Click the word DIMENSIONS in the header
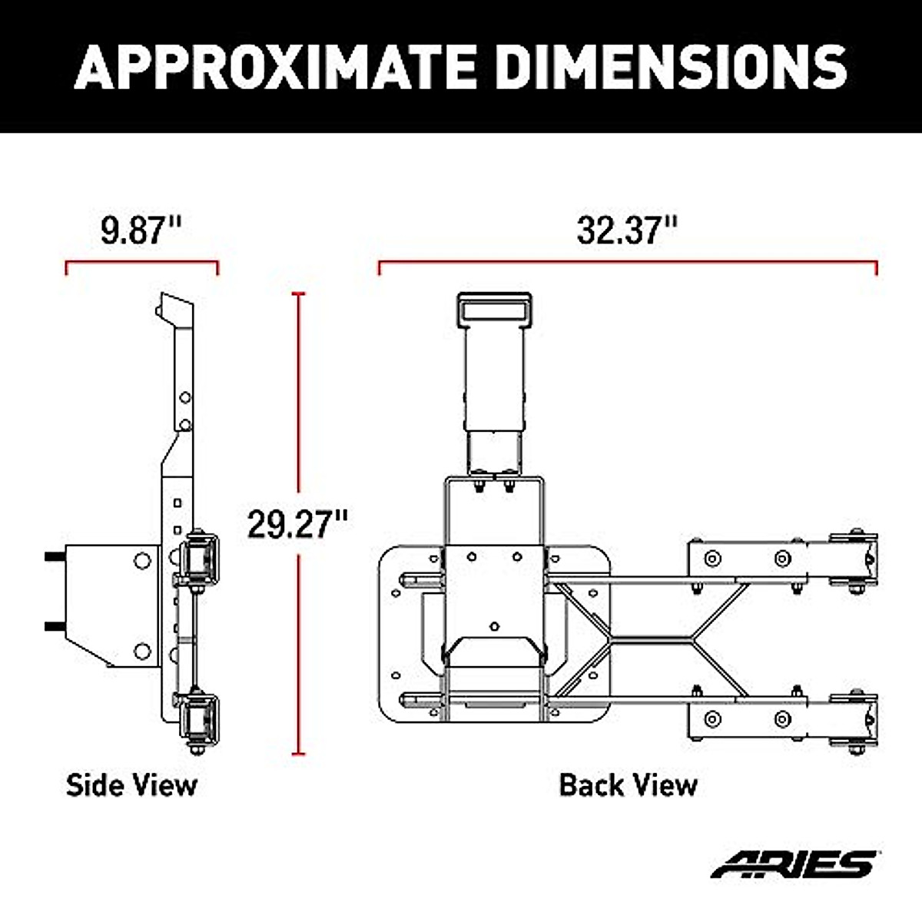click(672, 67)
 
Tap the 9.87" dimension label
click(141, 230)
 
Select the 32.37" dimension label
click(628, 230)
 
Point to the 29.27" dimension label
click(297, 525)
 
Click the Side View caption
click(131, 785)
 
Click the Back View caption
click(628, 785)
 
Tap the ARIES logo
click(794, 864)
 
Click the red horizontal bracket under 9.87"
click(142, 263)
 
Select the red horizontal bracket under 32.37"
click(628, 263)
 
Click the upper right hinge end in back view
click(854, 561)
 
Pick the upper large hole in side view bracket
click(142, 560)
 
